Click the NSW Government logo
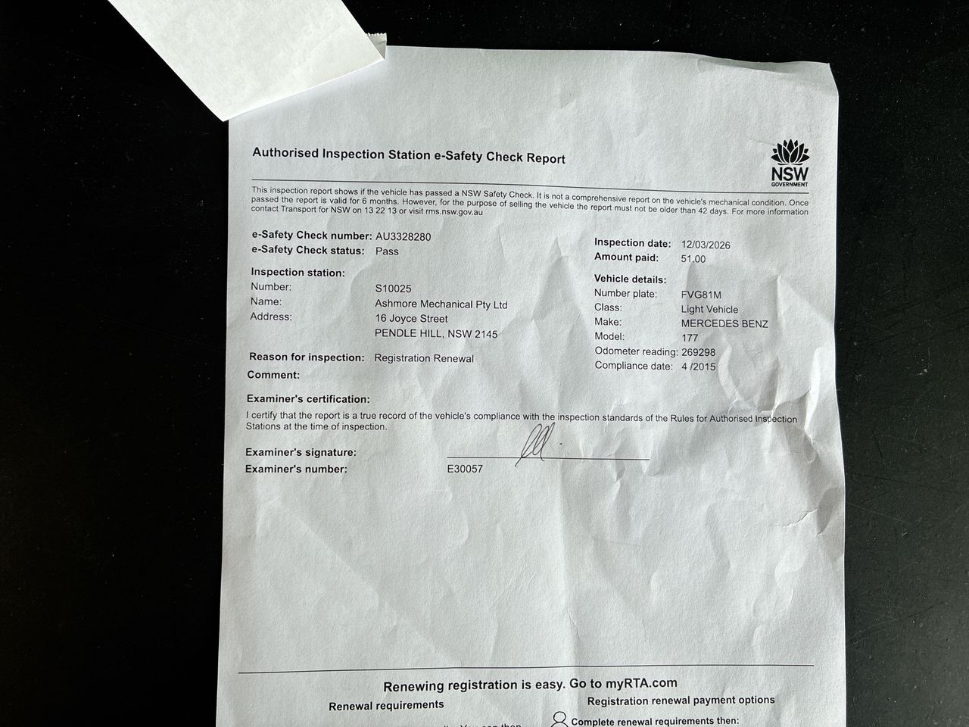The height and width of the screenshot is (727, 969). click(790, 163)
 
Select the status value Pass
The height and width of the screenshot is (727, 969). click(387, 251)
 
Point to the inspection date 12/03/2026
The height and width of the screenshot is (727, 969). click(706, 245)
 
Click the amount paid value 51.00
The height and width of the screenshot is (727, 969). click(693, 259)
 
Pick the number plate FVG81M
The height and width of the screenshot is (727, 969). click(701, 295)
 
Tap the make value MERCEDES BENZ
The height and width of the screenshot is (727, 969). click(724, 324)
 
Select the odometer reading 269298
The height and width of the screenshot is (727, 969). click(698, 352)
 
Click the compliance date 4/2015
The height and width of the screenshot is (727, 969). click(698, 367)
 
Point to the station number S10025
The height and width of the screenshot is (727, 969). click(393, 289)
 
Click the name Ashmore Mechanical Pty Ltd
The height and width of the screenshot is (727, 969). click(441, 304)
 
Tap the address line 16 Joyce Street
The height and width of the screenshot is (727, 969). click(412, 319)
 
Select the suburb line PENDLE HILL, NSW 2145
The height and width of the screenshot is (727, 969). click(437, 334)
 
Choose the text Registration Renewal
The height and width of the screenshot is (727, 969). click(424, 358)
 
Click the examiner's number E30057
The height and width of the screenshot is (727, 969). click(465, 469)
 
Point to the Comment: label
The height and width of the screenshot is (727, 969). click(273, 375)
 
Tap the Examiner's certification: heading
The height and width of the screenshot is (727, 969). click(308, 399)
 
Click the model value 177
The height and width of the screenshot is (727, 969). click(690, 338)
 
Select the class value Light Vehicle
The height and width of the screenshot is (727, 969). click(709, 309)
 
